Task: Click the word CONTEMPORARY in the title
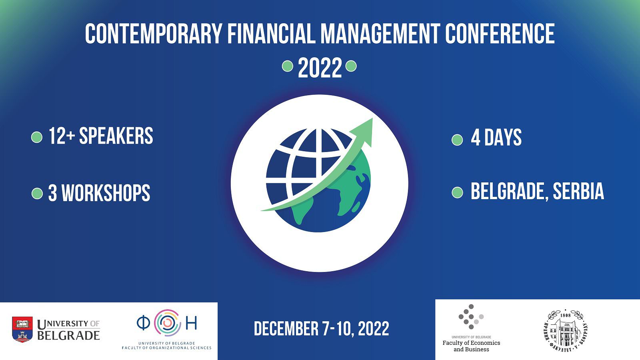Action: tap(154, 34)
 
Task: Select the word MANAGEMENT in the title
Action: tap(380, 34)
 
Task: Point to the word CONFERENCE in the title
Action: tap(500, 34)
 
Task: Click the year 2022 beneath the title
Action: tap(320, 68)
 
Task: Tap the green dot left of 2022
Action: tap(288, 66)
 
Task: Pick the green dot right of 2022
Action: tap(351, 66)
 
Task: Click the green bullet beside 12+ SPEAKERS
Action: tap(36, 137)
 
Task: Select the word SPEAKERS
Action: tap(116, 136)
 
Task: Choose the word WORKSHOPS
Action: tap(106, 193)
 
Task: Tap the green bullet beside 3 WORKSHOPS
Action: tap(37, 194)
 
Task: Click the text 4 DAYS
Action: tap(496, 138)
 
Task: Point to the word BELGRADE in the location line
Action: tap(510, 191)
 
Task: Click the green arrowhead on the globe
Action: tap(362, 132)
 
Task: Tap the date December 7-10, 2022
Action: tap(322, 328)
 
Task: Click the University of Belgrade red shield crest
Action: tap(22, 330)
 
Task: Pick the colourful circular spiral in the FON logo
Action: tap(168, 323)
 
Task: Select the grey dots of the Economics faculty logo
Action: tap(471, 316)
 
